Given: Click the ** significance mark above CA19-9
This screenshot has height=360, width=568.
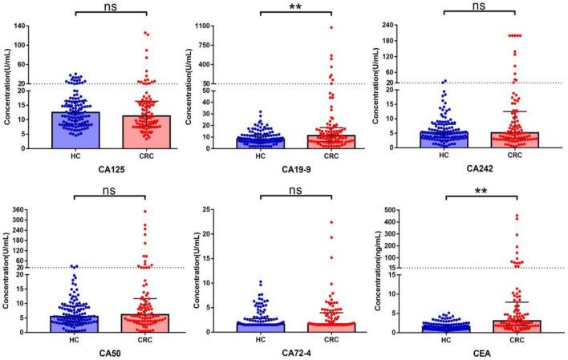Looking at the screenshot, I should [x=297, y=6].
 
